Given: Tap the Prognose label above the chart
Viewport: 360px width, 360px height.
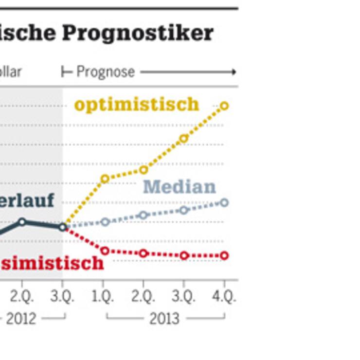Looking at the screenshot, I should tap(106, 72).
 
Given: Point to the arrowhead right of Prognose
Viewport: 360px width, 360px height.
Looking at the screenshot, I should tap(234, 72).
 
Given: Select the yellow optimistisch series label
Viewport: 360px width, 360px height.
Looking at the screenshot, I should tap(137, 105).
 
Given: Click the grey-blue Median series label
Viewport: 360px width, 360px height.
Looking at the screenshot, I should tap(180, 187).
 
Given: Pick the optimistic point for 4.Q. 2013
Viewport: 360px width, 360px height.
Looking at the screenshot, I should tap(224, 106).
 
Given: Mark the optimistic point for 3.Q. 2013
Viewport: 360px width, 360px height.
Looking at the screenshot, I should tap(183, 139).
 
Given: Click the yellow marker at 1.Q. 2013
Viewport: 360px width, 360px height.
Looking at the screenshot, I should tap(105, 179).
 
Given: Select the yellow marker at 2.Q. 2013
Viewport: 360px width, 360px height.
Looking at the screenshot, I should tap(144, 170).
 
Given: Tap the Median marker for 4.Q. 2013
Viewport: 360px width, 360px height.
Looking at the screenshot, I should tap(224, 202).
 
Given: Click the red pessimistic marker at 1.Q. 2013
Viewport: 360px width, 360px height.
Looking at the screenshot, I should tap(105, 251).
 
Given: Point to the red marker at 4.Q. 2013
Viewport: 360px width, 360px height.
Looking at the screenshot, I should tap(224, 255).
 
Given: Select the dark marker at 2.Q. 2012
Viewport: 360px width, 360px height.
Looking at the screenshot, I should tap(22, 222).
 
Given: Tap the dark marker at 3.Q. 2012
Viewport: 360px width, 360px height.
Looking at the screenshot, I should tap(63, 227).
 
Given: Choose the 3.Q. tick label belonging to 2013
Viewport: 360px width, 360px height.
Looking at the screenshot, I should tap(183, 296).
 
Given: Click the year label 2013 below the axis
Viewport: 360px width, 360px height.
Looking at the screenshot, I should tap(164, 319).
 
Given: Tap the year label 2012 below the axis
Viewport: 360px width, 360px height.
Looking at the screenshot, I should tap(21, 319).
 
